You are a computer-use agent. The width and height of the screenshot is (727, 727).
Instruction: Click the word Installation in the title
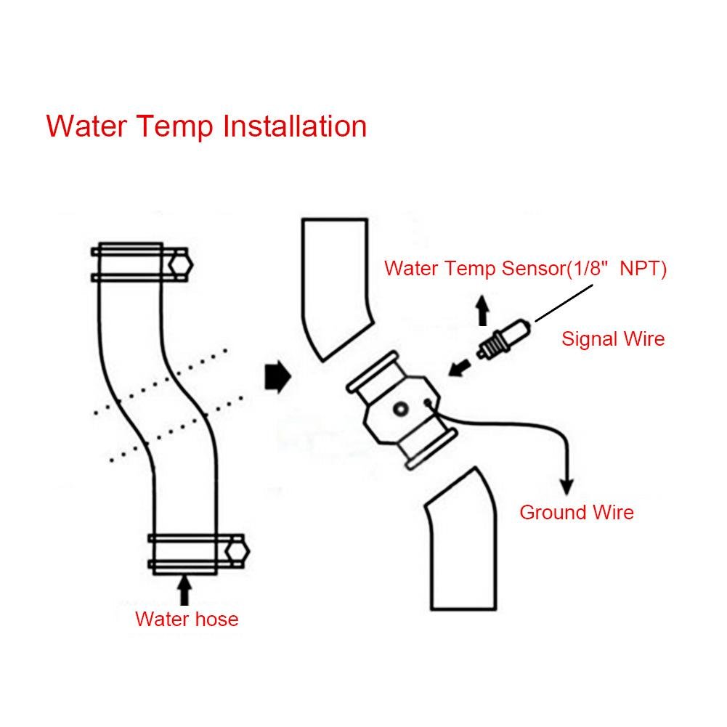[294, 126]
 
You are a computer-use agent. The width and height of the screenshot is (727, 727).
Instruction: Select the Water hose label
[187, 620]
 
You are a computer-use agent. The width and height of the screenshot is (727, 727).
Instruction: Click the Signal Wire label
[613, 338]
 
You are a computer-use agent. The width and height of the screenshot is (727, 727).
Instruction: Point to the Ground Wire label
[577, 512]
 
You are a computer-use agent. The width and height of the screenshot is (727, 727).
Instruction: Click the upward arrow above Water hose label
[184, 589]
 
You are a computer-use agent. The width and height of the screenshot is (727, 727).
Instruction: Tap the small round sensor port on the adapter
[400, 411]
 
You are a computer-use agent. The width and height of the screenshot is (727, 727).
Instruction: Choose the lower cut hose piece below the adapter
[463, 537]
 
